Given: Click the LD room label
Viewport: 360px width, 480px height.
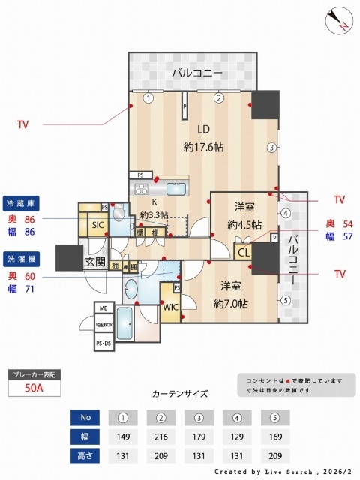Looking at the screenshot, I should click(203, 127).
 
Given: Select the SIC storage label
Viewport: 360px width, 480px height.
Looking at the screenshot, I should click(97, 225).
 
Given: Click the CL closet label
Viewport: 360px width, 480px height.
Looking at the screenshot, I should click(243, 253).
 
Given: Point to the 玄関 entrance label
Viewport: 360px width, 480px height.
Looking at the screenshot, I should click(94, 262).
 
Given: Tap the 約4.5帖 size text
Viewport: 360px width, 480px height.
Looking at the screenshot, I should click(244, 223).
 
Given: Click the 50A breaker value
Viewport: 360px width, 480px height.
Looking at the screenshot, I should click(32, 388).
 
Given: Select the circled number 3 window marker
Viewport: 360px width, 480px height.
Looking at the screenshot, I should click(272, 147).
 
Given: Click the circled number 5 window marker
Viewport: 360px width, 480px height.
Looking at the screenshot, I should click(285, 301).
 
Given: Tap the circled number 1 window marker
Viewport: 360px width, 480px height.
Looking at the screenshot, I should click(149, 97).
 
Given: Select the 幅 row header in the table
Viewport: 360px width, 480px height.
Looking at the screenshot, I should click(85, 436).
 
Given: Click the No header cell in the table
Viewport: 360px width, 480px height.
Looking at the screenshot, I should click(85, 418).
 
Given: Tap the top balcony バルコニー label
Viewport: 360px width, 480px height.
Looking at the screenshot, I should click(196, 73).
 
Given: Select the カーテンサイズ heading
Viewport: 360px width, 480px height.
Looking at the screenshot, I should click(180, 393).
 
